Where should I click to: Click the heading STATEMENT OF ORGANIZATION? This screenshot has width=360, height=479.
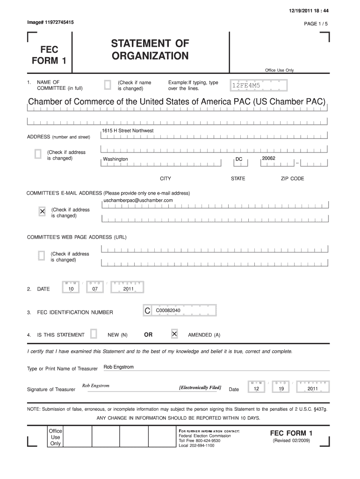point(150,50)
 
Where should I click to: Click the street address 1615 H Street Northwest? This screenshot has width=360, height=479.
point(128,131)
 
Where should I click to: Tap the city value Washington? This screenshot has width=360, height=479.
point(115,160)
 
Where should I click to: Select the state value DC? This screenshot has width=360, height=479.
point(239,160)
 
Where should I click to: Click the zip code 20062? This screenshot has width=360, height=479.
point(269,159)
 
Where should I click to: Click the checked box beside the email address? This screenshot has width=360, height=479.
point(42,212)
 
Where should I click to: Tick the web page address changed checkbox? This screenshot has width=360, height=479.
point(41,256)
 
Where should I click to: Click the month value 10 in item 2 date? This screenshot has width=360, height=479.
point(71,289)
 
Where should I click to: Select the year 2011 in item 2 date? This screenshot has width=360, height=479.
point(129,289)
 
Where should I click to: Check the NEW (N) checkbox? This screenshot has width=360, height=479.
point(94,334)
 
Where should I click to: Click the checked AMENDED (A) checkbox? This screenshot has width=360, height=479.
point(174,334)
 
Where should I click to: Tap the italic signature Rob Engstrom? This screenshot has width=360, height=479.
point(96,386)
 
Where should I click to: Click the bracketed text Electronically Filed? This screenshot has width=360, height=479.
point(200,388)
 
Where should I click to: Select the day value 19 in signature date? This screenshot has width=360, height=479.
point(281,389)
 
